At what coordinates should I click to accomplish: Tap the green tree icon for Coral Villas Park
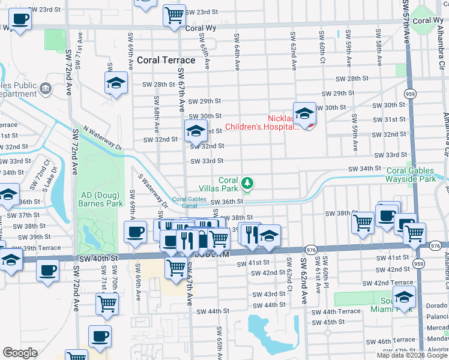pyautogui.click(x=246, y=182)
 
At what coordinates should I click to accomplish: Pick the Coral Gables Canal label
pyautogui.click(x=189, y=202)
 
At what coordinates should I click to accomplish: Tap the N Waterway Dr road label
pyautogui.click(x=103, y=138)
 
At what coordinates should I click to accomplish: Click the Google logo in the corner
pyautogui.click(x=20, y=353)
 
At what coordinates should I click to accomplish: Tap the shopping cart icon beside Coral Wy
pyautogui.click(x=174, y=16)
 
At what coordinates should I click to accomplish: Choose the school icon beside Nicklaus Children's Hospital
pyautogui.click(x=304, y=114)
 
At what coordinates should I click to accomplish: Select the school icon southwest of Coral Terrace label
pyautogui.click(x=116, y=83)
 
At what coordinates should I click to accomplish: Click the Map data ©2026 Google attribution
pyautogui.click(x=412, y=355)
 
